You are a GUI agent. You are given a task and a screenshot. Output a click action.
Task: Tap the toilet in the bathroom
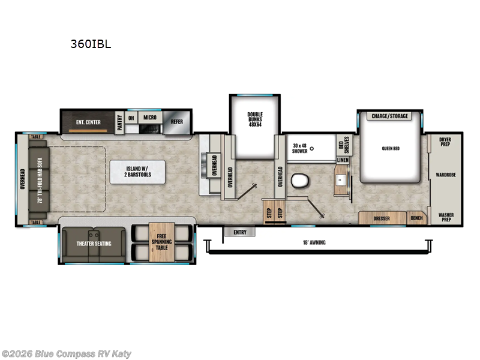point(298,180)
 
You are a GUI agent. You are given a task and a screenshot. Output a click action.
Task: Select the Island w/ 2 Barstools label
point(138,171)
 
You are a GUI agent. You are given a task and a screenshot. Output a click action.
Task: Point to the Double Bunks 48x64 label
point(256,120)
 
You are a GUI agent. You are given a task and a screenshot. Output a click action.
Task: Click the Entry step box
point(239,232)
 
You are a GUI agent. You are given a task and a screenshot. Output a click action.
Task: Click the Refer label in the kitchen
point(176,121)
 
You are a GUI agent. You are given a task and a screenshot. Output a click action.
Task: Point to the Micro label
point(149,118)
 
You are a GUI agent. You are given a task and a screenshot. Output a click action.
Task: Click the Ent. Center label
point(88,122)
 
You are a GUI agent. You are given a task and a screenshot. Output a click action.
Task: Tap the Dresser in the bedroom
point(382,218)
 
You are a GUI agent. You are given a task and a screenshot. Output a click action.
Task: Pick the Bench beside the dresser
point(416,218)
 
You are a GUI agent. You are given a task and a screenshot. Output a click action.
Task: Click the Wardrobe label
point(446,175)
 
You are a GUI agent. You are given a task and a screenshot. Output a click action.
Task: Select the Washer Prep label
point(445,217)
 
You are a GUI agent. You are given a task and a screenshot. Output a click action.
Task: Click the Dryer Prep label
point(445,142)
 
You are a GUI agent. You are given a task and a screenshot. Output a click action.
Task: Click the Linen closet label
point(343,160)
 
